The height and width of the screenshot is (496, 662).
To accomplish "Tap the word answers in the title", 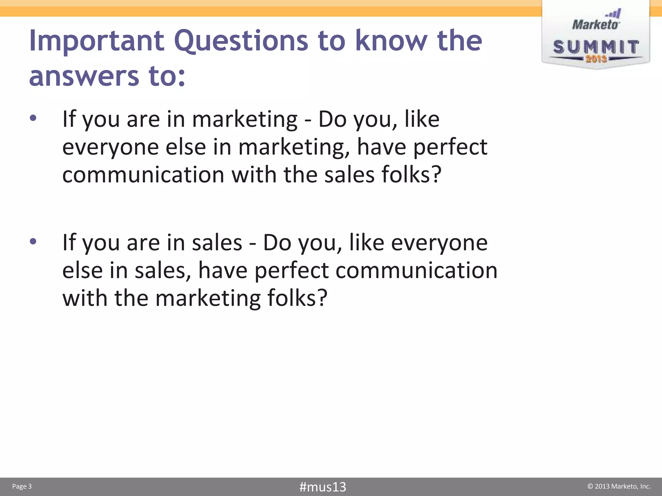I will point(84,76).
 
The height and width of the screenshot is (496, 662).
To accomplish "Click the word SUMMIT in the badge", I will point(596,47).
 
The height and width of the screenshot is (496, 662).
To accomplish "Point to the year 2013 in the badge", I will point(596,59).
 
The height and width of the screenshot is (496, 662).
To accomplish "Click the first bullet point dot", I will point(33,118).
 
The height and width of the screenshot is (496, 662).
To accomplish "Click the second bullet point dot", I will point(33,241).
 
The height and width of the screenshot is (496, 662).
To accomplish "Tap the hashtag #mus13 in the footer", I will point(323,487).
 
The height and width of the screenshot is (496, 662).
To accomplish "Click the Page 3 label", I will point(22,486).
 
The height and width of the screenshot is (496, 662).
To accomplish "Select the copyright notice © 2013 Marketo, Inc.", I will point(619,486).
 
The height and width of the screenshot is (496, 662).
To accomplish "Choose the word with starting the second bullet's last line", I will point(85,298).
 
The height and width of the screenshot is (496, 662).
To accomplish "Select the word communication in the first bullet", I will point(143,175).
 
